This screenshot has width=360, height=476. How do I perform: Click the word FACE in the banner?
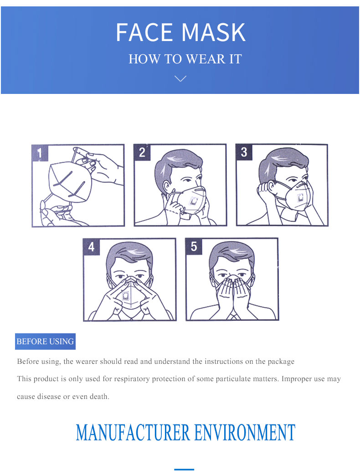(144, 32)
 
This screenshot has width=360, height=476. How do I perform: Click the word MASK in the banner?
(214, 32)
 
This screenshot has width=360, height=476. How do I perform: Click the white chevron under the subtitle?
(180, 78)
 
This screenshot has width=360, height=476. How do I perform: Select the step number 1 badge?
(40, 153)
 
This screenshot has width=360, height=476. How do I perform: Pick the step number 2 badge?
(142, 152)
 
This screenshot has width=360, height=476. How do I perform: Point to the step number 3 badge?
(244, 152)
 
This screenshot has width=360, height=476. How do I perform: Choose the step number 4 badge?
(92, 247)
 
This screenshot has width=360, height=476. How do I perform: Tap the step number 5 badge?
(194, 246)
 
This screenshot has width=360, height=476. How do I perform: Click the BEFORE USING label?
(45, 341)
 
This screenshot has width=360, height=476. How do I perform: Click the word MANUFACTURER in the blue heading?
(133, 433)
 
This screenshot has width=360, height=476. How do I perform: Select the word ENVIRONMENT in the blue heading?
(245, 433)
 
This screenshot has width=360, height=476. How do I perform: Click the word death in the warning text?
(99, 397)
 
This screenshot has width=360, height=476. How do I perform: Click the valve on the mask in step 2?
(193, 201)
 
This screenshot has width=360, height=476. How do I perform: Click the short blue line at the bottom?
(184, 470)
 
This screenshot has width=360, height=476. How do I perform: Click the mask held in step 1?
(70, 182)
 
